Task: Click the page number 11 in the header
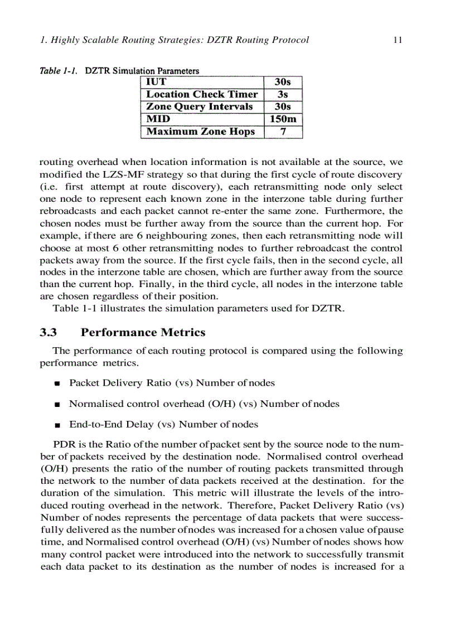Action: [x=398, y=40]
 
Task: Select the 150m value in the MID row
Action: [x=283, y=119]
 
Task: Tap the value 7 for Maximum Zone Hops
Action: [x=283, y=132]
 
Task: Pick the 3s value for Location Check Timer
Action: [x=283, y=94]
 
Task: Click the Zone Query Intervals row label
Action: [x=199, y=106]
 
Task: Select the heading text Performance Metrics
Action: [x=143, y=333]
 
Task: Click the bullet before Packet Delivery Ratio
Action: [x=57, y=384]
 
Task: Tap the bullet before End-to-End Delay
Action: [x=57, y=425]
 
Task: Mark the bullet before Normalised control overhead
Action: [x=57, y=404]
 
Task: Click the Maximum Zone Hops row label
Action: [x=200, y=132]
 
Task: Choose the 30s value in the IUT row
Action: [x=283, y=82]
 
